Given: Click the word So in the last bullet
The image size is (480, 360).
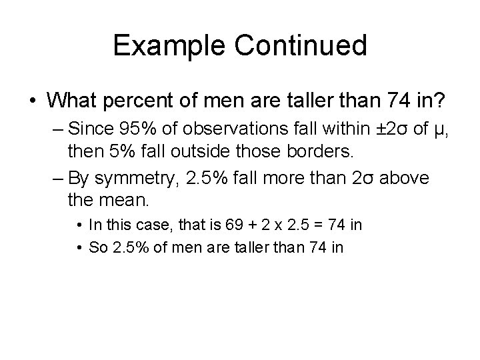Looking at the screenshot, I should (97, 247).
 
